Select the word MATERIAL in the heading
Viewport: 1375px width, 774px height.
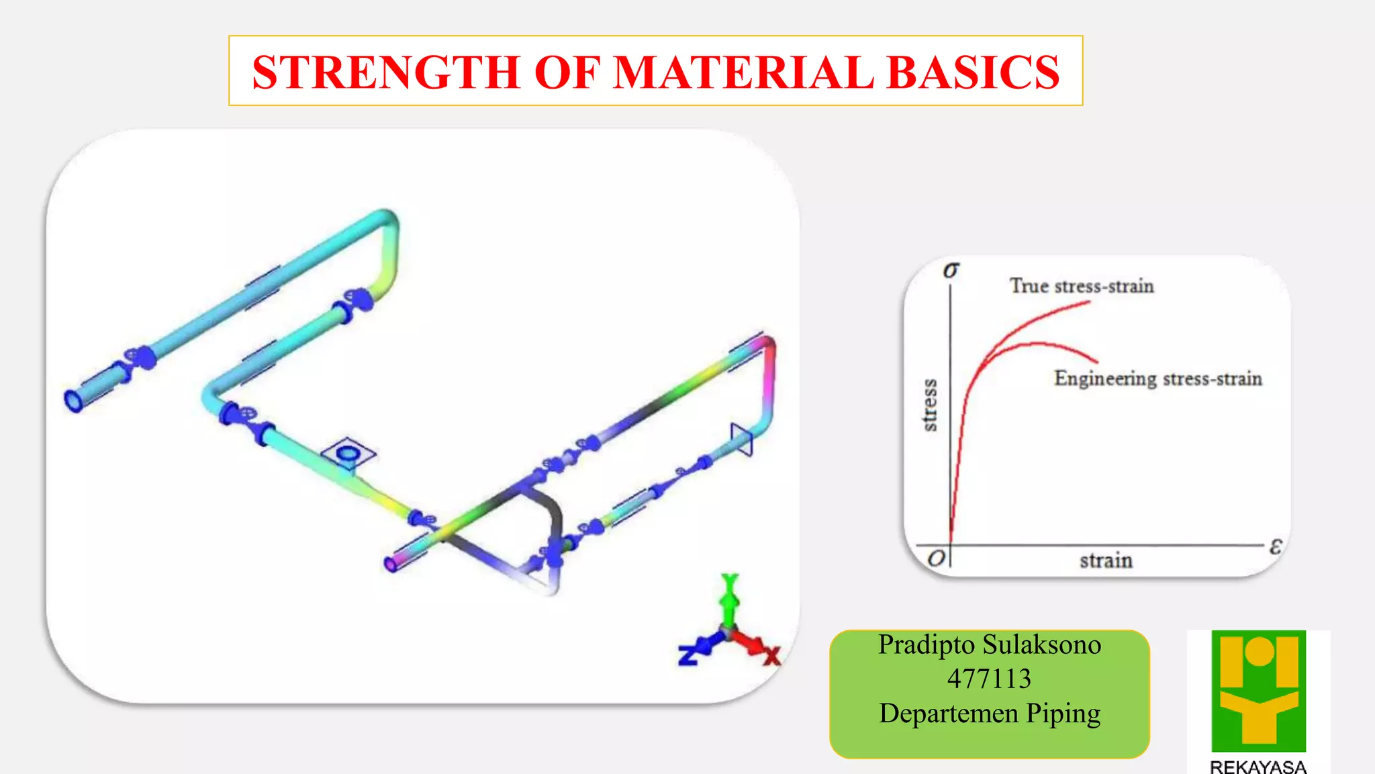[x=743, y=72]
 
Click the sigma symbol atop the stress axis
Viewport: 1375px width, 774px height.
[x=951, y=270]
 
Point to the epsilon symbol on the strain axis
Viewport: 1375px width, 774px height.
[x=1276, y=546]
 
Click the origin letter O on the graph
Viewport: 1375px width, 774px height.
[x=936, y=558]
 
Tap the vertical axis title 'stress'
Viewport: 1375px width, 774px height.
[x=929, y=404]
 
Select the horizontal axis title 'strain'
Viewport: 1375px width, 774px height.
[x=1106, y=560]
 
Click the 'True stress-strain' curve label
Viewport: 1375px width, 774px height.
[x=1082, y=286]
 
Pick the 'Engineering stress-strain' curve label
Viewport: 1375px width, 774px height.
[x=1158, y=379]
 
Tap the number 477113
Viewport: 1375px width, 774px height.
[x=989, y=679]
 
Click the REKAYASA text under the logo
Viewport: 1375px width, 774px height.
[x=1258, y=767]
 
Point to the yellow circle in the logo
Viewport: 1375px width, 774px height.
[x=1259, y=651]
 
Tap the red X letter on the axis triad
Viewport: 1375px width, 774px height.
[x=772, y=655]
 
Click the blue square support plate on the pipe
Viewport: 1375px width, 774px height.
[x=348, y=454]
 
